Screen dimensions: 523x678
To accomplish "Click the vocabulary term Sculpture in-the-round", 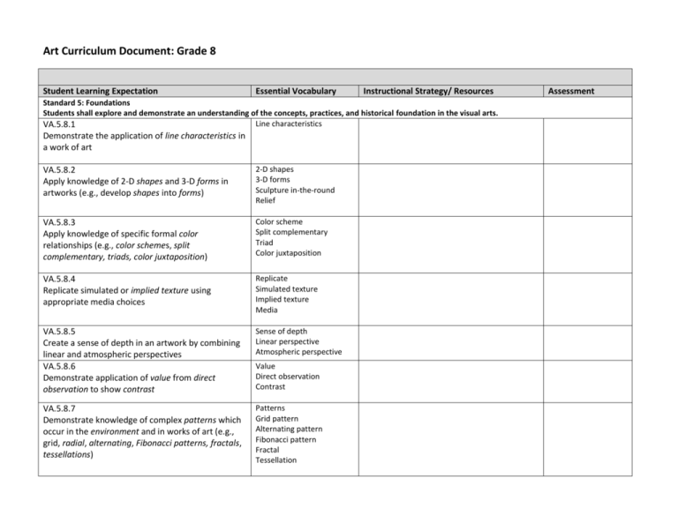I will point(294,190).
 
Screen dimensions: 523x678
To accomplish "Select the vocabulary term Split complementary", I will point(290,232).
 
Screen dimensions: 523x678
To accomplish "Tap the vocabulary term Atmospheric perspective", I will point(298,352).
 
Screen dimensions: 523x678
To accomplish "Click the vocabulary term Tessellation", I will point(276,460).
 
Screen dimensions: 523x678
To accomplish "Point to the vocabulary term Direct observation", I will point(286,377).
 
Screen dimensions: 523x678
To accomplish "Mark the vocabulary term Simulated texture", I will point(286,288).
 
